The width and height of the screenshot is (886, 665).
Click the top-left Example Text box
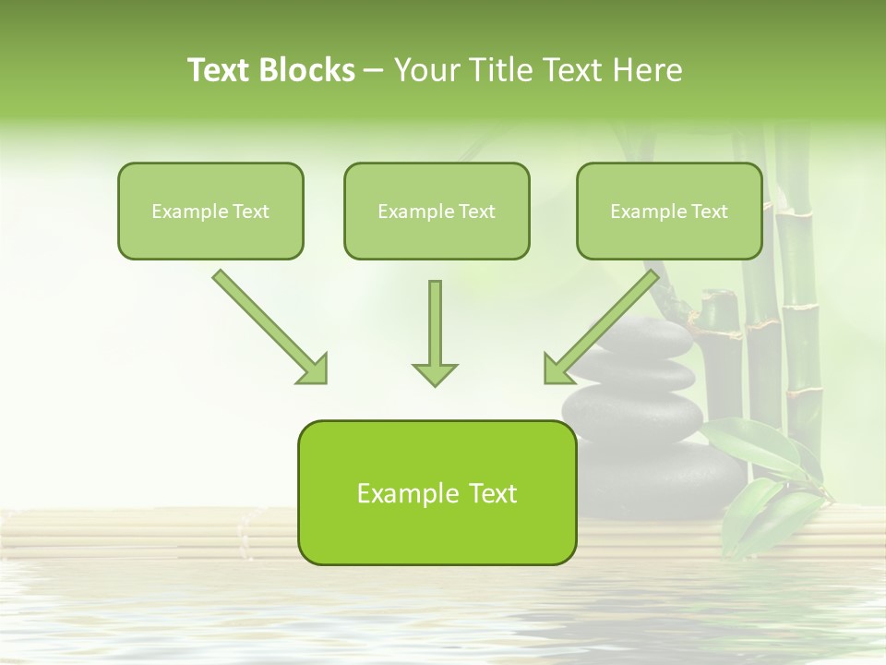point(210,211)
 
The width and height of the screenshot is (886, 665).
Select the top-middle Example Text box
point(437,211)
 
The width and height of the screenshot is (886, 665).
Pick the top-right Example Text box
point(669,211)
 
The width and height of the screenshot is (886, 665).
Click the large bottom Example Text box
point(437,492)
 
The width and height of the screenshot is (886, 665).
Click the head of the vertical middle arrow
point(435,373)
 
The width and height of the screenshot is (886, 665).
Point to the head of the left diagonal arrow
point(314,369)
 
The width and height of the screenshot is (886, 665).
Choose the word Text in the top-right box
point(709,212)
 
